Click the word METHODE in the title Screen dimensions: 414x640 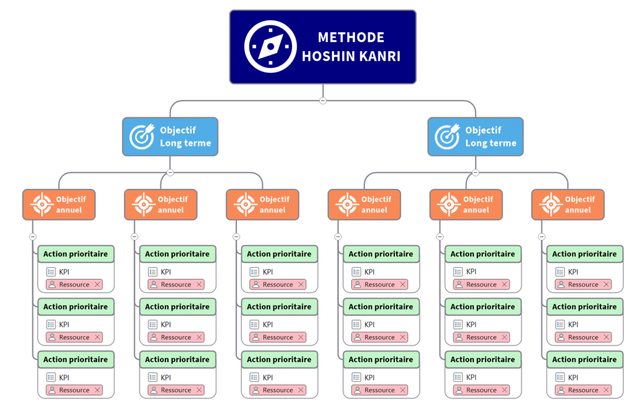click(x=351, y=38)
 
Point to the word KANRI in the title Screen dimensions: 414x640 click(x=379, y=57)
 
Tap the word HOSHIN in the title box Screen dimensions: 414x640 click(x=328, y=57)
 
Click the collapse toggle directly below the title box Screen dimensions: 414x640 click(x=323, y=101)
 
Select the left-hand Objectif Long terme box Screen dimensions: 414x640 click(x=170, y=136)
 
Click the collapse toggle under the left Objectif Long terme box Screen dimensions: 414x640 click(x=170, y=173)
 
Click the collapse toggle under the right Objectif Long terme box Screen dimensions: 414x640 click(x=476, y=173)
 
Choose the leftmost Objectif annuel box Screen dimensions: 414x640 click(x=59, y=204)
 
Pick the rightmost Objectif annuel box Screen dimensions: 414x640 click(x=568, y=204)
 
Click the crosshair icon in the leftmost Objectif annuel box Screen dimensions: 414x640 click(x=41, y=204)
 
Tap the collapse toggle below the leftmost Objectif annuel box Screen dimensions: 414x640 click(x=33, y=237)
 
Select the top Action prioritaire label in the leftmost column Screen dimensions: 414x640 click(x=76, y=254)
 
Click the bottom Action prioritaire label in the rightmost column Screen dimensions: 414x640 click(x=584, y=359)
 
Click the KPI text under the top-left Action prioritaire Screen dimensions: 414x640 click(x=64, y=271)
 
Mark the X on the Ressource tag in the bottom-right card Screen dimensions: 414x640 click(x=606, y=390)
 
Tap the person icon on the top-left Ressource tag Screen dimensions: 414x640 click(x=52, y=284)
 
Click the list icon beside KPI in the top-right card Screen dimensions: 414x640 click(x=560, y=271)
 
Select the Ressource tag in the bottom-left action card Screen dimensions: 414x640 click(x=73, y=390)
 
